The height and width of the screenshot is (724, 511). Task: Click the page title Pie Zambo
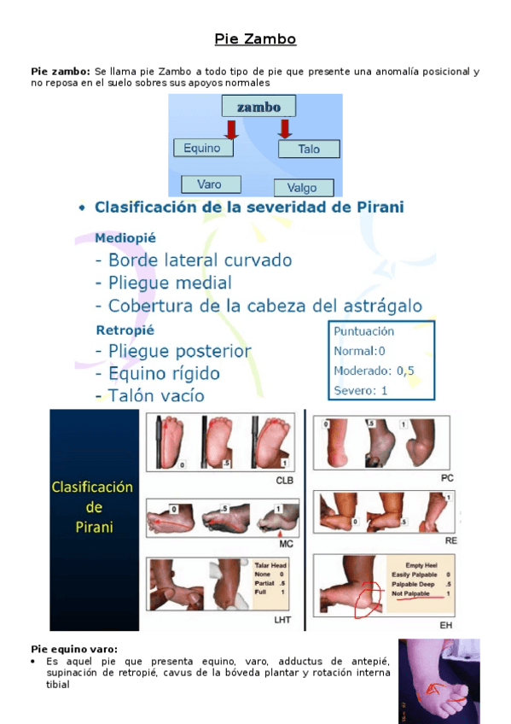[255, 39]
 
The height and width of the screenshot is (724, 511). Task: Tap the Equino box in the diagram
[202, 148]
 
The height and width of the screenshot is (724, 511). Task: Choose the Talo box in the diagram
[309, 149]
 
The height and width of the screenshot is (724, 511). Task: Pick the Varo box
[210, 184]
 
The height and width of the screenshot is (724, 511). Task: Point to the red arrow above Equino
[230, 128]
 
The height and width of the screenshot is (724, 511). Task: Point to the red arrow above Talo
[285, 128]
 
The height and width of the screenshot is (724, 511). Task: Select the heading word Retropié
[125, 330]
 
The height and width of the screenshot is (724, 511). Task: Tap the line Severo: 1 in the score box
[361, 390]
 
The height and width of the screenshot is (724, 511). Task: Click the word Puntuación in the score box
[364, 330]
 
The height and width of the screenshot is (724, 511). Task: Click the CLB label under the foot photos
[285, 481]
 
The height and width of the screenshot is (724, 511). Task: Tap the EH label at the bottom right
[446, 627]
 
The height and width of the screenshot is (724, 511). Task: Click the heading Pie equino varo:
[74, 650]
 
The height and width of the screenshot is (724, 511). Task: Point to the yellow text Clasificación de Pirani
[93, 506]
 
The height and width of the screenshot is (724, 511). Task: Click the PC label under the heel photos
[447, 479]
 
